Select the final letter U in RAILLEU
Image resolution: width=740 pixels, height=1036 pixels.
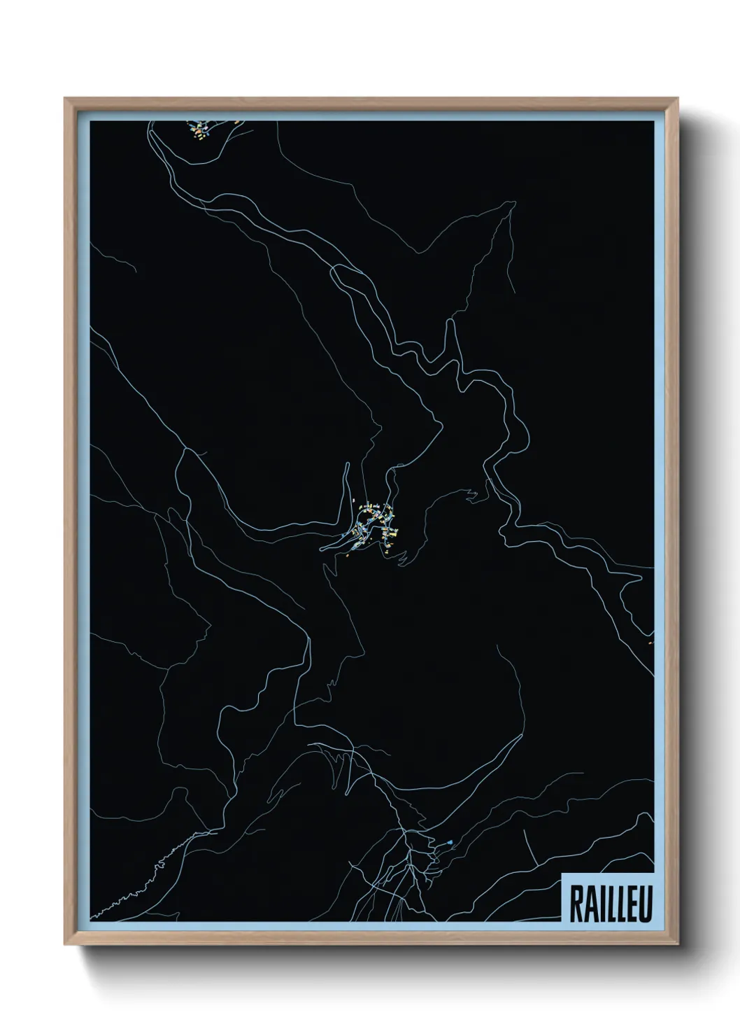pos(644,905)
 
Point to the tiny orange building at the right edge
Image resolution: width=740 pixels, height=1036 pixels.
pos(651,641)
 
